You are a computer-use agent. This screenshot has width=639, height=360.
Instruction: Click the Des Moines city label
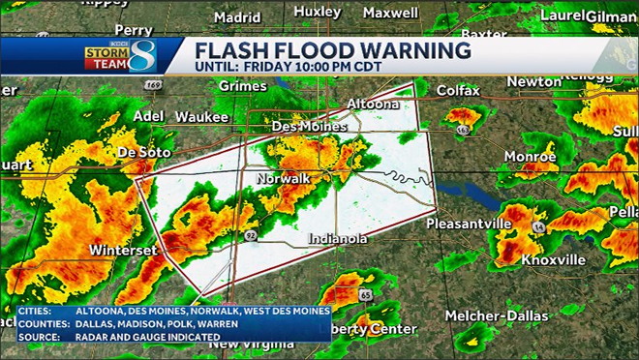tap(309, 127)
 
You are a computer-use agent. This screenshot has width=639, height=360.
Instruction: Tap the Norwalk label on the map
tap(283, 179)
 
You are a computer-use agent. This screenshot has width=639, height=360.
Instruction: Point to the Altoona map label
tap(373, 104)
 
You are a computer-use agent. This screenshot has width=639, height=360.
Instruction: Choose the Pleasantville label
tap(469, 224)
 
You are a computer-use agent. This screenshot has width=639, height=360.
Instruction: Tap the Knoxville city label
tap(554, 260)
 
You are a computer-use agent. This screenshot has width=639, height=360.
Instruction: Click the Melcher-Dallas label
tap(497, 315)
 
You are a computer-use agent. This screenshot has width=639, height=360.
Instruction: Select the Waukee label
tap(201, 116)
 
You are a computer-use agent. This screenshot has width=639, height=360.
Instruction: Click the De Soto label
tap(143, 153)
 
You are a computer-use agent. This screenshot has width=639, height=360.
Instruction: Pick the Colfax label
tap(458, 90)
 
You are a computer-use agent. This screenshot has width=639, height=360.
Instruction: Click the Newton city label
tap(533, 82)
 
